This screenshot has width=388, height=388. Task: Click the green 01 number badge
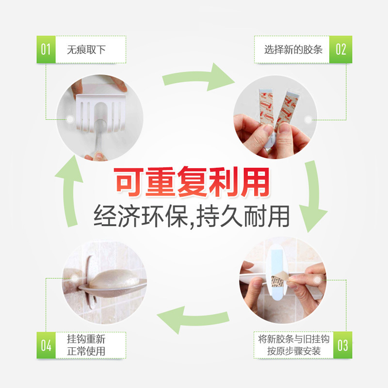tap(46, 49)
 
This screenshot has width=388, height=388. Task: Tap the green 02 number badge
tap(341, 49)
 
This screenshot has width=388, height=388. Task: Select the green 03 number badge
tap(342, 345)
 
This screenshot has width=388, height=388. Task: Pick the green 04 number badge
tap(46, 345)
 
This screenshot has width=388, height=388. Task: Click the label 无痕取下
tap(86, 49)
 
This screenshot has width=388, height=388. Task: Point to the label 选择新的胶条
tap(293, 49)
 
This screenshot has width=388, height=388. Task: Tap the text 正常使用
tap(86, 351)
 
